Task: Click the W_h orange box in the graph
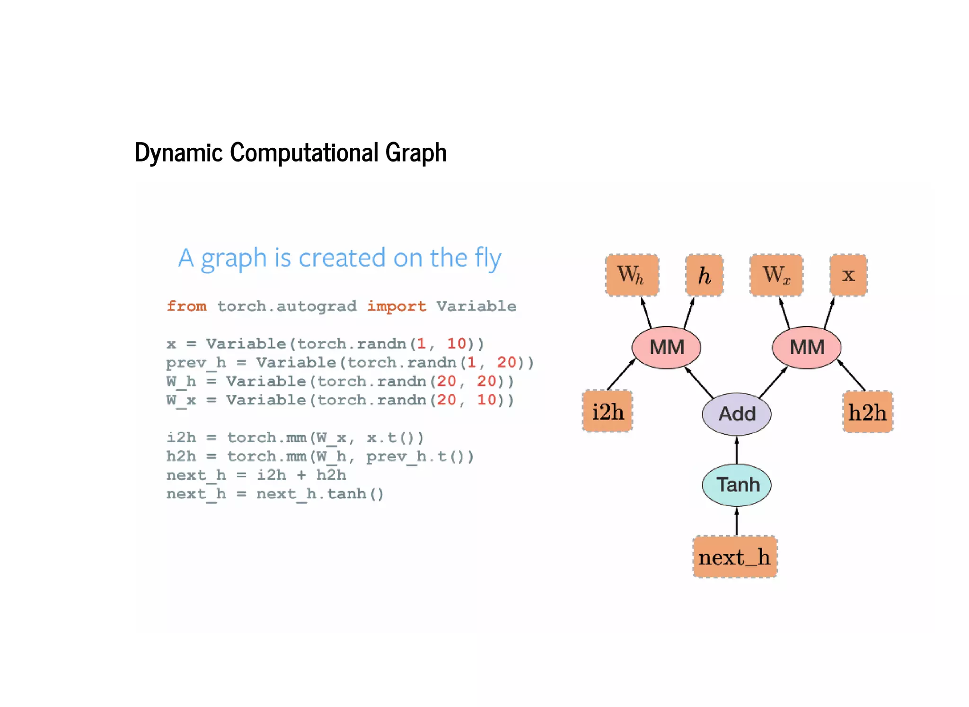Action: click(632, 275)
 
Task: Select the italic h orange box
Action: click(704, 275)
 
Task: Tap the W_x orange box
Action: click(776, 275)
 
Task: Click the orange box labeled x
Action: click(848, 275)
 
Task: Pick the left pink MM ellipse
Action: click(666, 348)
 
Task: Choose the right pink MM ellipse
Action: click(806, 348)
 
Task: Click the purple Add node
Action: click(736, 414)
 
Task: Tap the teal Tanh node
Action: click(736, 485)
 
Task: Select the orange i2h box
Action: click(608, 412)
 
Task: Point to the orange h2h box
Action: click(867, 412)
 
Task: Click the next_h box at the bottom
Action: click(735, 557)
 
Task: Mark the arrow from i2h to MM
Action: click(621, 375)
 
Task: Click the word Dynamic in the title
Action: click(178, 152)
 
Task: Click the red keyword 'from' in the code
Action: click(186, 306)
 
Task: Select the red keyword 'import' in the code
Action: click(396, 307)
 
